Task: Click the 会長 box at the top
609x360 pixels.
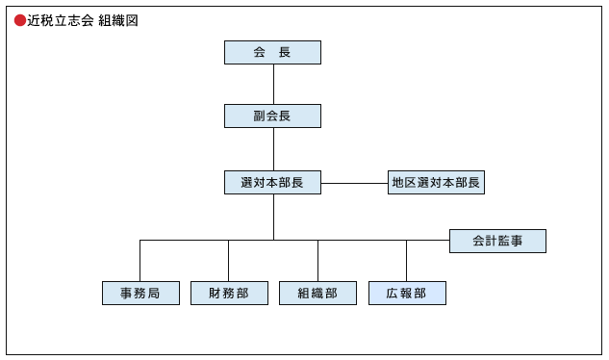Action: pyautogui.click(x=272, y=52)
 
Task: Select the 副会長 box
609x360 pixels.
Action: pyautogui.click(x=272, y=116)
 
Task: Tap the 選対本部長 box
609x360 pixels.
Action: pyautogui.click(x=272, y=182)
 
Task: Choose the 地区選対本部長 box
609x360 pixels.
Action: pyautogui.click(x=436, y=182)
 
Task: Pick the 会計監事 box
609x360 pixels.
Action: pyautogui.click(x=497, y=241)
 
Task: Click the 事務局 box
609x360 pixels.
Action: pyautogui.click(x=140, y=293)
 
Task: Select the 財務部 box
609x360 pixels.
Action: pyautogui.click(x=229, y=293)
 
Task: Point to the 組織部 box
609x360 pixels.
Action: pyautogui.click(x=317, y=293)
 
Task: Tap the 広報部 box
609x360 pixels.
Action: pyautogui.click(x=407, y=293)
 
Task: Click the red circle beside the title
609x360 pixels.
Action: pyautogui.click(x=20, y=20)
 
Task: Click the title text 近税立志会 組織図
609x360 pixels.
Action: pyautogui.click(x=83, y=20)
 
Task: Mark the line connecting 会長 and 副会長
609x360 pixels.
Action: pyautogui.click(x=273, y=84)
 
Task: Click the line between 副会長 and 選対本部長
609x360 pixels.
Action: pyautogui.click(x=273, y=149)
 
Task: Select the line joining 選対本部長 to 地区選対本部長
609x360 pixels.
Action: pyautogui.click(x=354, y=183)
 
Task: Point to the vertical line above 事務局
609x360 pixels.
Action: pyautogui.click(x=140, y=260)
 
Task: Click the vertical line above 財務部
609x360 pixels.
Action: pyautogui.click(x=229, y=260)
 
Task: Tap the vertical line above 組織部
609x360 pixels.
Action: pyautogui.click(x=317, y=260)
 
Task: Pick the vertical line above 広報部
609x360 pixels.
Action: pyautogui.click(x=406, y=260)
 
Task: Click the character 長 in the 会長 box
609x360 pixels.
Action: pyautogui.click(x=285, y=52)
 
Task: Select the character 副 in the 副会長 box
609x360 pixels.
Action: pyautogui.click(x=260, y=116)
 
